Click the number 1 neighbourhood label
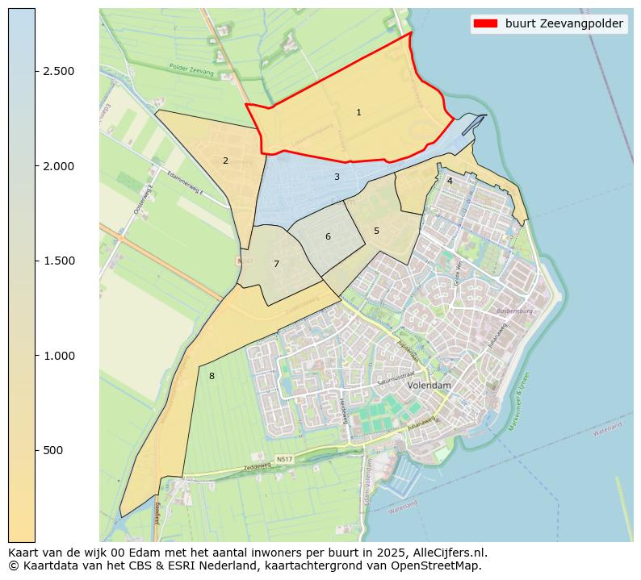[x=358, y=112]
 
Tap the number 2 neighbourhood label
[x=225, y=161]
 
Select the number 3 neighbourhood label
[x=337, y=177]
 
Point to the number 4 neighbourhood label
[x=450, y=181]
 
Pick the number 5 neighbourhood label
[x=376, y=231]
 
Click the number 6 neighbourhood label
[x=328, y=236]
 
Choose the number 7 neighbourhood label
[x=276, y=264]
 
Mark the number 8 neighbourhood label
[x=212, y=376]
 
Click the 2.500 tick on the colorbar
[x=59, y=71]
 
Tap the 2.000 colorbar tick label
[x=59, y=166]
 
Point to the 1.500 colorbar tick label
[x=59, y=261]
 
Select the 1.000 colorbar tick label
[x=59, y=356]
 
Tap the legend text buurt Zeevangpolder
[x=563, y=24]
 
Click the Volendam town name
[x=429, y=386]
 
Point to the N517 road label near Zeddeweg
[x=284, y=459]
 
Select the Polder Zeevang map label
[x=192, y=71]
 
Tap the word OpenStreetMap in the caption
[x=442, y=565]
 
